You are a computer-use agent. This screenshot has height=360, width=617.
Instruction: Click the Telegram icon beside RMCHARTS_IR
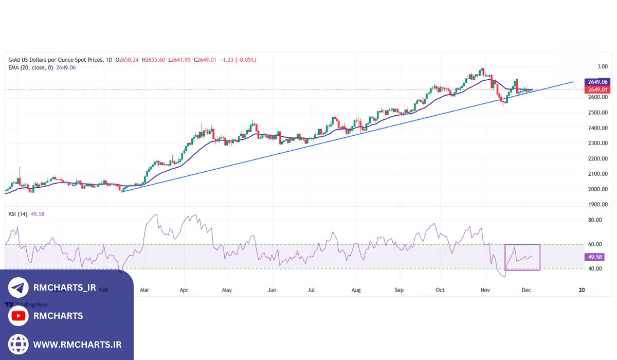point(19,287)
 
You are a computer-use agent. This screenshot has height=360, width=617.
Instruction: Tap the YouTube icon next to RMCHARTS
point(19,316)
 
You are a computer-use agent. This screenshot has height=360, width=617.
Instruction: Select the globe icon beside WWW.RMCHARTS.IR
point(19,344)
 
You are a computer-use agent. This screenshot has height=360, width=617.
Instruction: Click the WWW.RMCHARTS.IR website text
point(77,344)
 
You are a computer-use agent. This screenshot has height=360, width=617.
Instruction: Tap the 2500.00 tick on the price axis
point(597,113)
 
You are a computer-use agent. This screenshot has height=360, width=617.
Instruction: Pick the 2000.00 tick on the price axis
point(597,189)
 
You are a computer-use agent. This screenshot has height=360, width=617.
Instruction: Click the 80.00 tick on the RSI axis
point(595,220)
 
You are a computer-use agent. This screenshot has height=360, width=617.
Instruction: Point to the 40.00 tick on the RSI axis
point(595,269)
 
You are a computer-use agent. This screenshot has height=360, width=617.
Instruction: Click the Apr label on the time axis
point(184,290)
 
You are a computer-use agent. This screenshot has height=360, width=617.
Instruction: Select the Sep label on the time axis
point(399,290)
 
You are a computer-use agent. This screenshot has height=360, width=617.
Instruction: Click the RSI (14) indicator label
point(18,214)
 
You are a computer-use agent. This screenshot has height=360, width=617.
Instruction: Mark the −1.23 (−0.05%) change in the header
point(238,60)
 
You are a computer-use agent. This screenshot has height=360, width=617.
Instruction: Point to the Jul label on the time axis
point(311,290)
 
